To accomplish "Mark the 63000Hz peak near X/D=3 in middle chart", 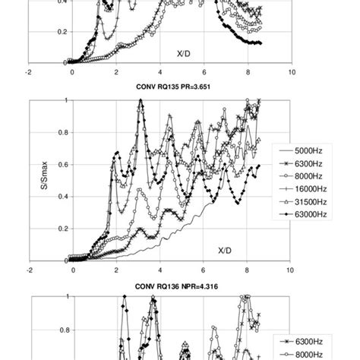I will (x=141, y=101).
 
